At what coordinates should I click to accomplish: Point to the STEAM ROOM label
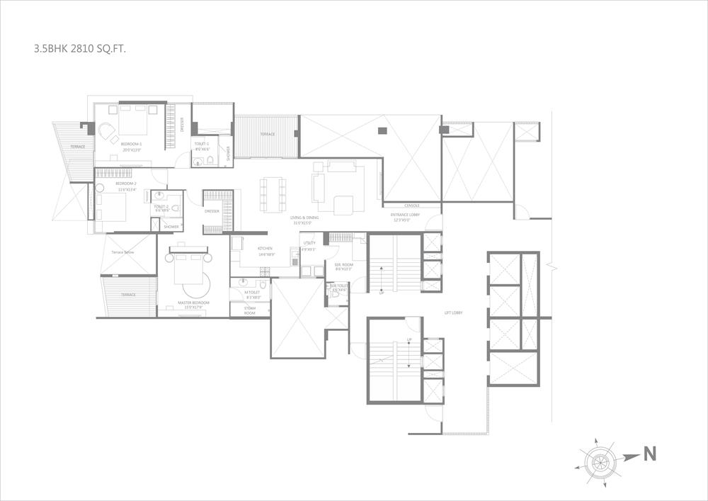pyautogui.click(x=250, y=310)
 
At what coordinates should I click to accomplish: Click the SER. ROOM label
pyautogui.click(x=344, y=266)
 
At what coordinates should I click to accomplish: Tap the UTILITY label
pyautogui.click(x=309, y=243)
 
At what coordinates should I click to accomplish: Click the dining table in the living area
pyautogui.click(x=273, y=193)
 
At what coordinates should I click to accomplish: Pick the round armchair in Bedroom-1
pyautogui.click(x=106, y=132)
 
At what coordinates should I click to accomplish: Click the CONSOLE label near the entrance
pyautogui.click(x=412, y=206)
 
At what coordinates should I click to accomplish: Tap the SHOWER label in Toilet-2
pyautogui.click(x=171, y=227)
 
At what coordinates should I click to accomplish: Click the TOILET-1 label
pyautogui.click(x=202, y=144)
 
